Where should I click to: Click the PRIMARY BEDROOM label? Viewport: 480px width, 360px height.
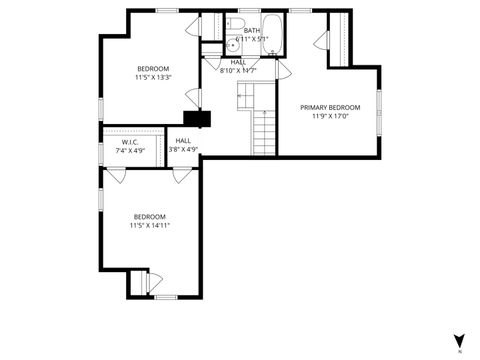click(x=330, y=106)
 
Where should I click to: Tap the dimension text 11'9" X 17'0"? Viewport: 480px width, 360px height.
click(x=330, y=115)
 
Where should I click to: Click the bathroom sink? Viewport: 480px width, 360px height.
click(x=231, y=44)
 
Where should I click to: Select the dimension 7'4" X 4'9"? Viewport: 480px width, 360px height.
click(x=130, y=150)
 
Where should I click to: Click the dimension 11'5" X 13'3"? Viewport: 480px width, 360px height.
click(x=153, y=77)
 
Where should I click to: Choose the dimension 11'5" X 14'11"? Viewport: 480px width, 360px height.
click(x=150, y=225)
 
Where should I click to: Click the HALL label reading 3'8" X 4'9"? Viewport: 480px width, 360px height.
click(x=183, y=141)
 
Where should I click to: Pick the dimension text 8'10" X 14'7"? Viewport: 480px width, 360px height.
click(x=238, y=70)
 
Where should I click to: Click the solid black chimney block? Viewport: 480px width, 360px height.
click(x=198, y=119)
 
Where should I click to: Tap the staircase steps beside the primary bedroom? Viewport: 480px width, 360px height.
click(x=263, y=130)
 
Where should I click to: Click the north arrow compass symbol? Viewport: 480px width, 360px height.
click(x=459, y=339)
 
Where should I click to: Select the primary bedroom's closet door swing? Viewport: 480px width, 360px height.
click(x=321, y=41)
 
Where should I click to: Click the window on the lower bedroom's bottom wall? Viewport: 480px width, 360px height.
click(x=166, y=297)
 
